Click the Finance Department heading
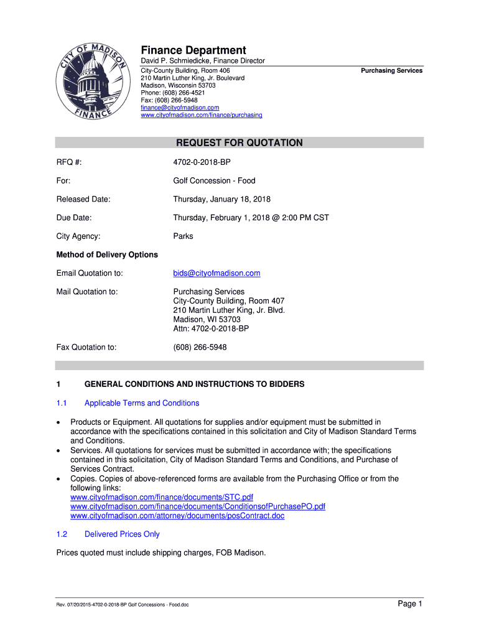click(x=193, y=50)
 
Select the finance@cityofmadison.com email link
click(x=180, y=108)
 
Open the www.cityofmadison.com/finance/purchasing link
click(x=202, y=115)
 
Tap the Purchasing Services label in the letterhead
click(x=391, y=71)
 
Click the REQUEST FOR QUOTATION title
click(x=240, y=143)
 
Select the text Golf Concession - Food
click(x=214, y=181)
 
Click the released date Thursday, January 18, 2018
click(x=221, y=199)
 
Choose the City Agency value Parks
click(x=183, y=236)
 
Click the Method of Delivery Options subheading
click(x=107, y=255)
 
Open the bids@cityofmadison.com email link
click(x=216, y=273)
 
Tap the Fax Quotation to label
click(x=86, y=347)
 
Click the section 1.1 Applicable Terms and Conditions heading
click(x=142, y=403)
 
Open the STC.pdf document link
click(x=162, y=498)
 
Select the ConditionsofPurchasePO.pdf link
click(x=198, y=507)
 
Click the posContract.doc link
click(x=177, y=516)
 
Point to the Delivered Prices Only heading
click(x=122, y=534)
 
